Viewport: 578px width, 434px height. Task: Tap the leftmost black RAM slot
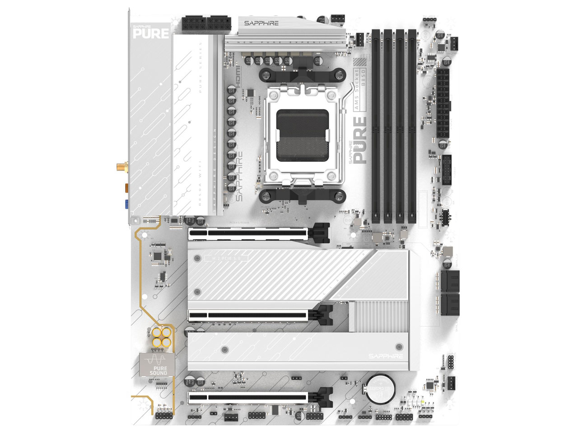(x=377, y=127)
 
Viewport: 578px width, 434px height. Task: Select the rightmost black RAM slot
(x=412, y=127)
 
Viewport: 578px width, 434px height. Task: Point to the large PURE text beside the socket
(x=360, y=140)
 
